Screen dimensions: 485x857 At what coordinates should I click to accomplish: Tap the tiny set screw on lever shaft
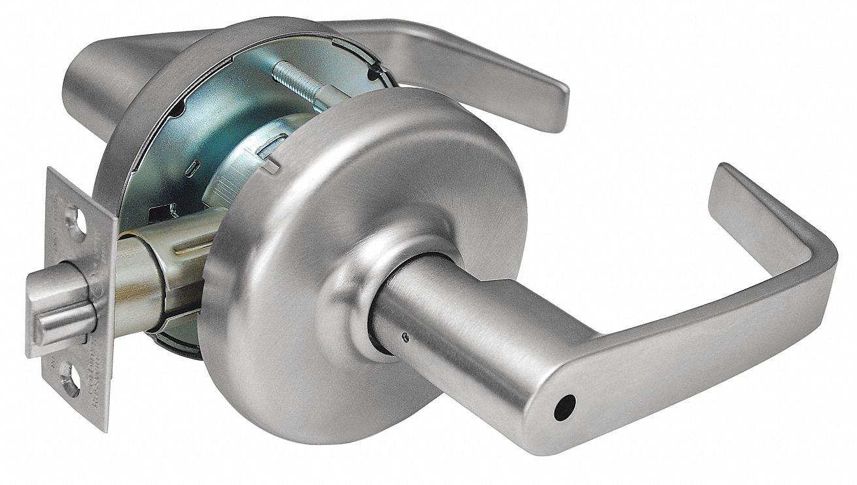pos(406,338)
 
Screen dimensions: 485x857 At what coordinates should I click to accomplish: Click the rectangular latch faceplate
pos(72,295)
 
